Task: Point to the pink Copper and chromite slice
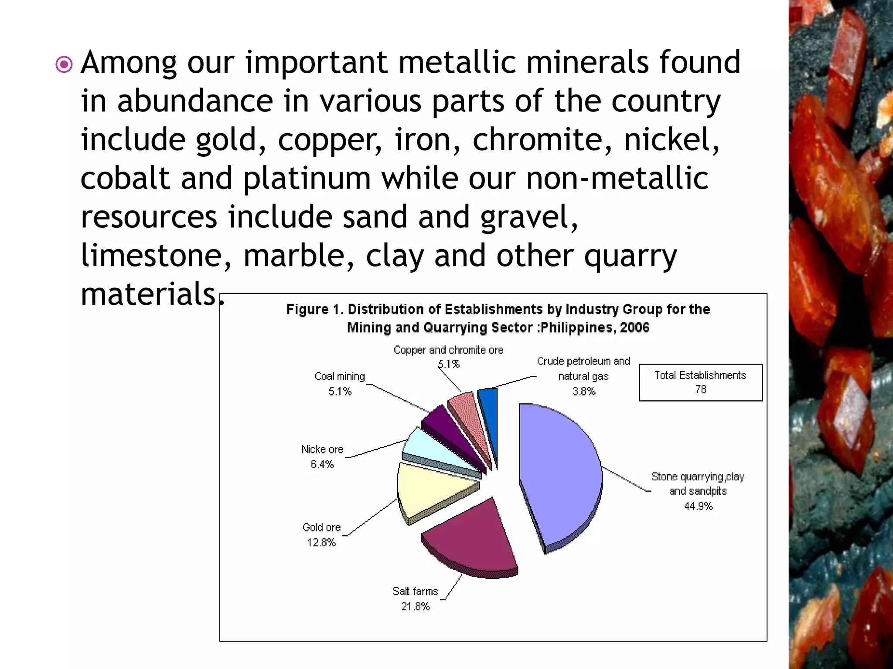coord(467,412)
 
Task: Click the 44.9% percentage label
coord(698,506)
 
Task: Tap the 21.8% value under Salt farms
coord(416,606)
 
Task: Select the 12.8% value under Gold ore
coord(321,543)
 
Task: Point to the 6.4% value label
coord(322,464)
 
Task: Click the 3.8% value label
coord(584,392)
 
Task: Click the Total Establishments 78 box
coord(701,382)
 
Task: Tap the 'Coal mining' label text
coord(340,376)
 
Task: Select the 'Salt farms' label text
coord(415,591)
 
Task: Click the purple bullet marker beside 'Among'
coord(64,65)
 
